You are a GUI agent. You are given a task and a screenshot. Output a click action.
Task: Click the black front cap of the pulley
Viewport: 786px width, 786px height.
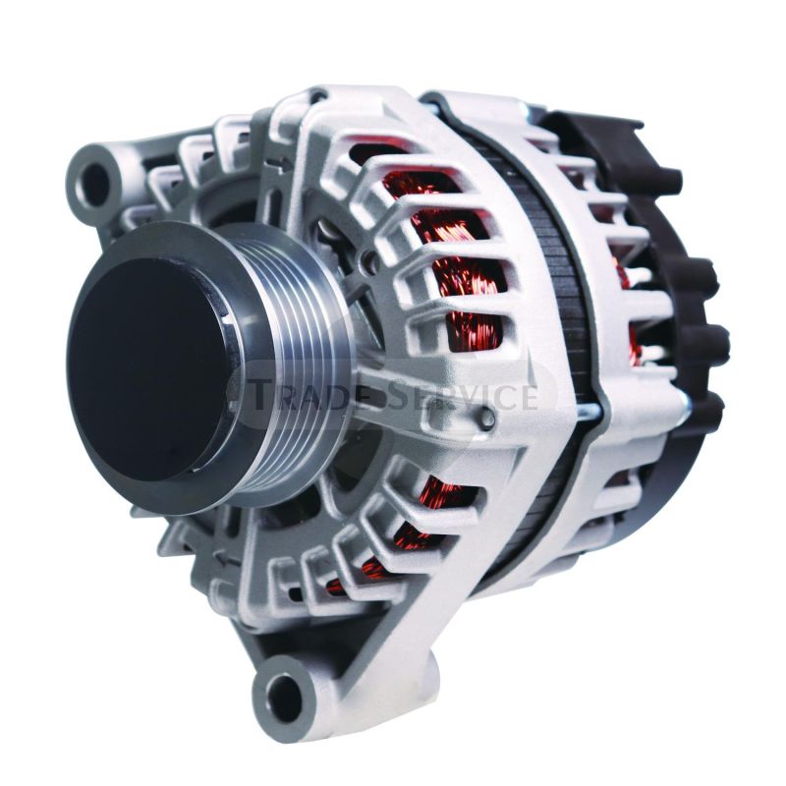pyautogui.click(x=147, y=368)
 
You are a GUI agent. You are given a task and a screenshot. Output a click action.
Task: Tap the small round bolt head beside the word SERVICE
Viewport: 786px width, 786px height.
pyautogui.click(x=488, y=420)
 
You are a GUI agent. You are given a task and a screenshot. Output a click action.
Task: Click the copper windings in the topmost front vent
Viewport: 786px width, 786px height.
pyautogui.click(x=393, y=157)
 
